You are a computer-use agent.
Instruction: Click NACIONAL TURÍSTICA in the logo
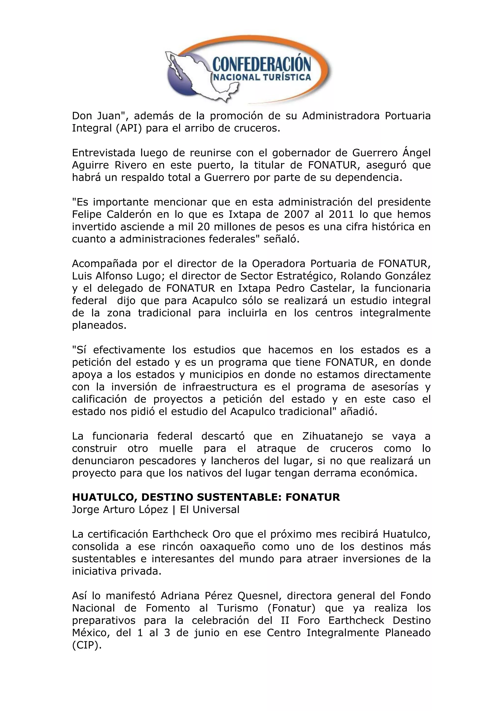point(262,77)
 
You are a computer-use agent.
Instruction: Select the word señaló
point(281,239)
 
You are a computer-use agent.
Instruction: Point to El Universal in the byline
point(210,510)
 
